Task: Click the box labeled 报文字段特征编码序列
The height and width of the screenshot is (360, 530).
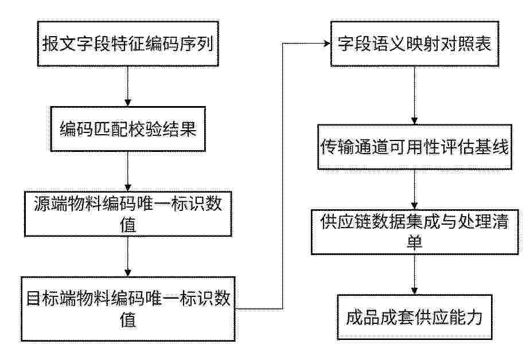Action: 128,44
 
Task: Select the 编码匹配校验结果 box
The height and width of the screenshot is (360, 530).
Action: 128,128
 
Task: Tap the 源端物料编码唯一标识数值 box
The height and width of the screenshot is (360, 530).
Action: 128,214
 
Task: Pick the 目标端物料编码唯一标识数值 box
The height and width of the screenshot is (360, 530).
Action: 128,308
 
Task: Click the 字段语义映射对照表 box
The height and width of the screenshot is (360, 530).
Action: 414,44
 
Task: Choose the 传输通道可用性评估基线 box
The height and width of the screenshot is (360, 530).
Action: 414,147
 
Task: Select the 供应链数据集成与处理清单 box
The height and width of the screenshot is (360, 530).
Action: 414,232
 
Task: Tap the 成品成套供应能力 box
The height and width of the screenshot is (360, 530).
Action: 414,317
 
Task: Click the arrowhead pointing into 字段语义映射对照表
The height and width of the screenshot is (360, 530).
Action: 327,43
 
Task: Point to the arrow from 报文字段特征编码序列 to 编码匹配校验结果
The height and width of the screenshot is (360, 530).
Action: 128,86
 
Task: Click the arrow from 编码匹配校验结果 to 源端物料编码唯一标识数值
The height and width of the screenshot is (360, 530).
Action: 128,171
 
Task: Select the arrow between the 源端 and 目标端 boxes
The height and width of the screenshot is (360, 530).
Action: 128,256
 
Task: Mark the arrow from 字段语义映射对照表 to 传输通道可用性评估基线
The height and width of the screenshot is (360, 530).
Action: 414,95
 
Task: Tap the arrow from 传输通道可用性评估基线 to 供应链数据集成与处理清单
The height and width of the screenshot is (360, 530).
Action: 414,189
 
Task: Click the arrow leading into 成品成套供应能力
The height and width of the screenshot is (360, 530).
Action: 414,274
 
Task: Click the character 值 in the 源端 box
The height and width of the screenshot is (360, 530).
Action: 128,224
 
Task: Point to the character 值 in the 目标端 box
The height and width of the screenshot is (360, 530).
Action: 128,319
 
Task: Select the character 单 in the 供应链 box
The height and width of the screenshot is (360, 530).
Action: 414,242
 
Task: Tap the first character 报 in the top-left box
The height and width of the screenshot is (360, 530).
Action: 50,44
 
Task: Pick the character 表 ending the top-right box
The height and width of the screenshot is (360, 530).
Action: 483,44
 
